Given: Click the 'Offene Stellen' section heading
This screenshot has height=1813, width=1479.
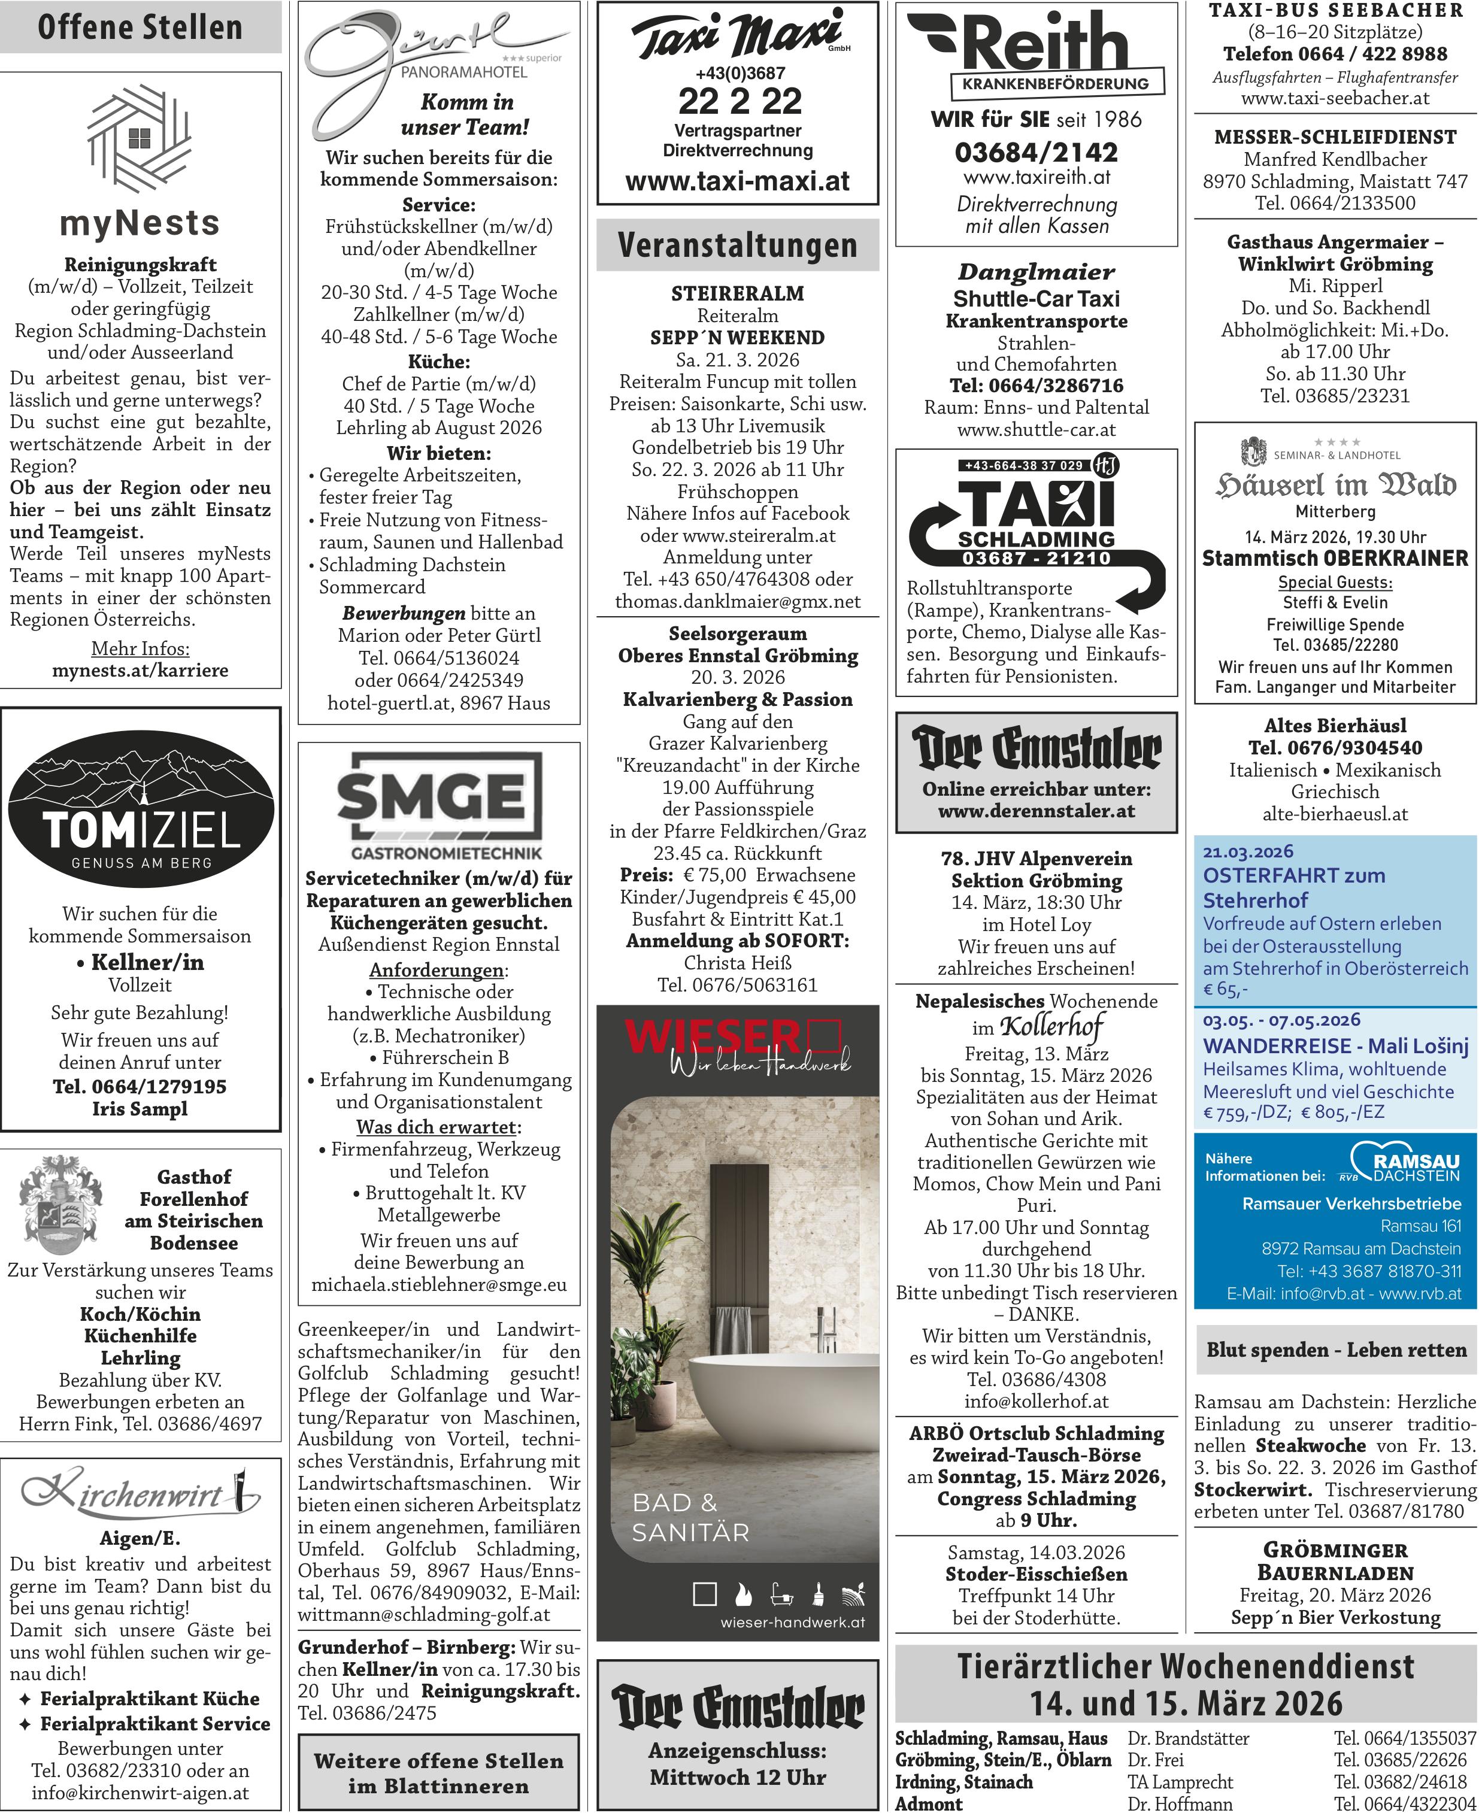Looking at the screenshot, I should point(141,28).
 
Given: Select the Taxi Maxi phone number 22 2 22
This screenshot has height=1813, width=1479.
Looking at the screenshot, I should point(739,101).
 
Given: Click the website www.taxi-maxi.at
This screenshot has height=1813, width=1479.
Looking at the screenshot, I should point(738,181).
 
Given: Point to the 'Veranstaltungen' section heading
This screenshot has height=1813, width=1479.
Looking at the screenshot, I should point(738,245).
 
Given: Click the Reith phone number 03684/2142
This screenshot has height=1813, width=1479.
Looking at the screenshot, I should point(1036,153).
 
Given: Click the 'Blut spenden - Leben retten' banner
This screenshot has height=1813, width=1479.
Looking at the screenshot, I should point(1335,1350).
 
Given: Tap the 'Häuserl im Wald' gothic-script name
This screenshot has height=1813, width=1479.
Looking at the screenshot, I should point(1335,485).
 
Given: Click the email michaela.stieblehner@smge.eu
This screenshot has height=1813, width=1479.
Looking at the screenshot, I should point(439,1285).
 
